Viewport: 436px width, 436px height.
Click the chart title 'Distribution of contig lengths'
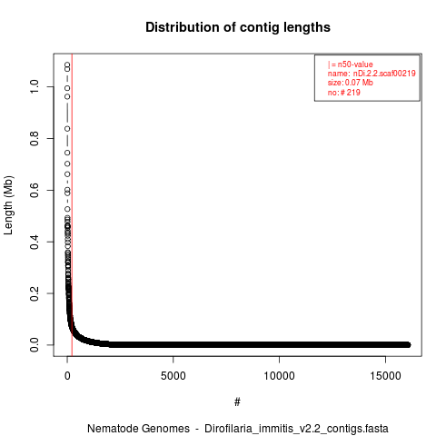point(238,27)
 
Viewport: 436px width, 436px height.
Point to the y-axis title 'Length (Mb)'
point(9,205)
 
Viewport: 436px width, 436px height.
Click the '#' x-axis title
point(237,402)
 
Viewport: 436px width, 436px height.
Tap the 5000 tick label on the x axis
point(173,376)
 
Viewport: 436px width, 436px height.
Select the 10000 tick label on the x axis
point(279,376)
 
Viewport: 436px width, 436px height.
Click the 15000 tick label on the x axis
point(385,376)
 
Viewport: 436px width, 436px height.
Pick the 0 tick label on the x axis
point(67,376)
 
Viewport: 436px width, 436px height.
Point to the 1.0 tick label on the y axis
point(35,86)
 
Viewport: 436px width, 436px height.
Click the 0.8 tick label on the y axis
point(35,138)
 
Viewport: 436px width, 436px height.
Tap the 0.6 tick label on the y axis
point(35,190)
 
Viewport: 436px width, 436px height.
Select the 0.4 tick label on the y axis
point(35,242)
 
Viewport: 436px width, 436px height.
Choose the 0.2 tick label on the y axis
point(35,293)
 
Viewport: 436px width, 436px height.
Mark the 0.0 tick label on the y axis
point(35,345)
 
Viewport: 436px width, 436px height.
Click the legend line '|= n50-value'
point(351,64)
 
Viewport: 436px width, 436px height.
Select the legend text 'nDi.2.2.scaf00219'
point(384,74)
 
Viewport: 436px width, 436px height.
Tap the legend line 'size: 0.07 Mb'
point(351,83)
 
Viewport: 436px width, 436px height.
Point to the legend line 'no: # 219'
point(344,92)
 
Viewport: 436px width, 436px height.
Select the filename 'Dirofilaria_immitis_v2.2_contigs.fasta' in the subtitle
point(296,429)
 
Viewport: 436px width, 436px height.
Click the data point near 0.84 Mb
point(67,129)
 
